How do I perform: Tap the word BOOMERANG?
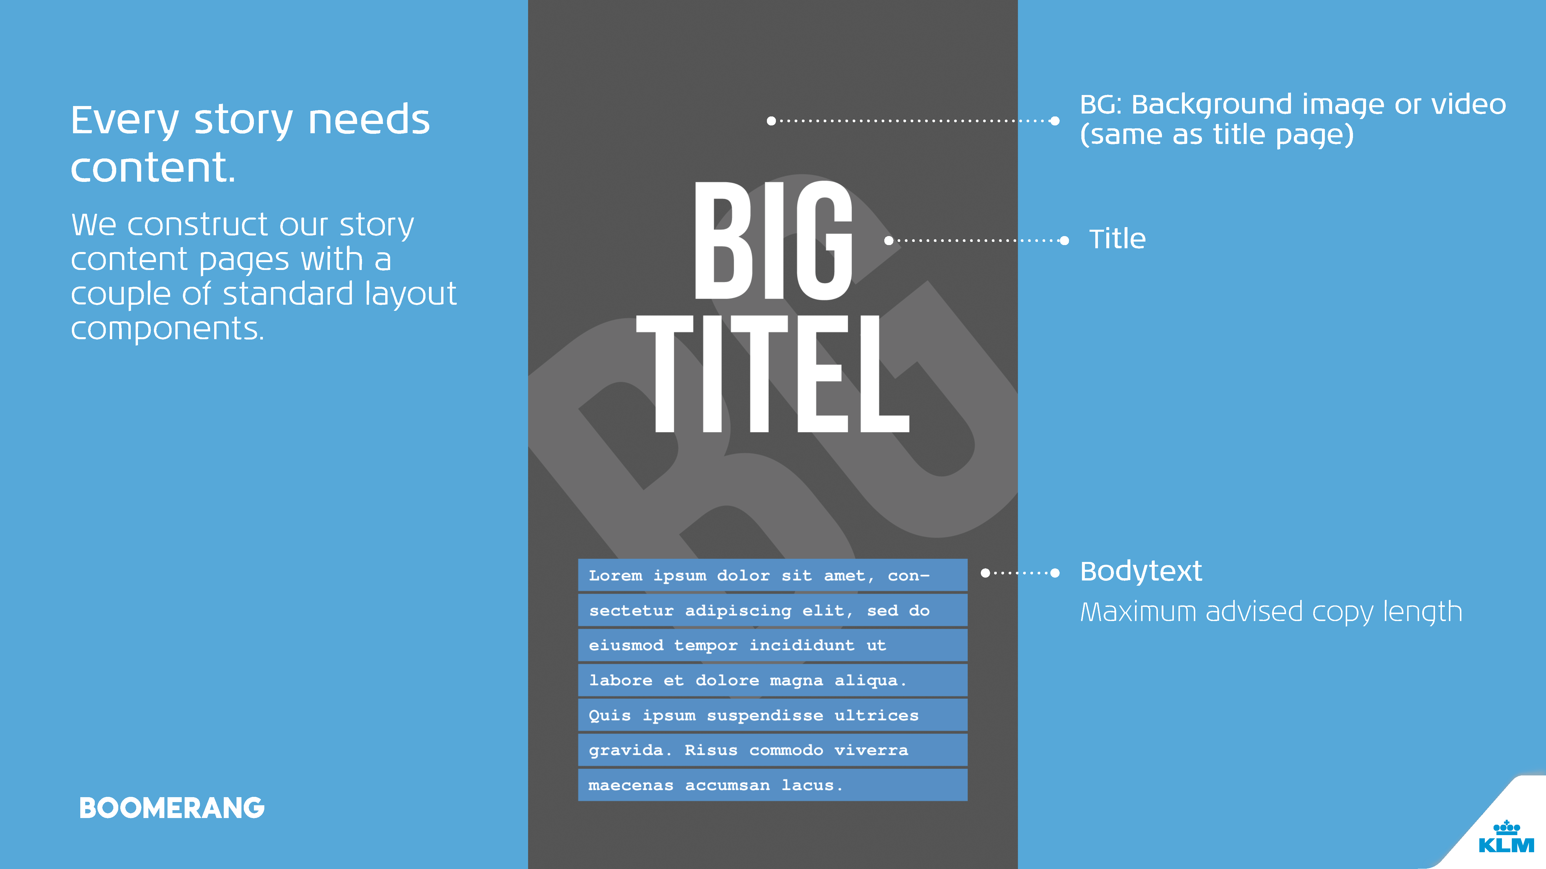click(x=172, y=808)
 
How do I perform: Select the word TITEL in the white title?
click(x=773, y=374)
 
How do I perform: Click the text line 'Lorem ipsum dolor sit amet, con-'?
click(x=759, y=576)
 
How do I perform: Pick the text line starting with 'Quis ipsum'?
click(x=754, y=715)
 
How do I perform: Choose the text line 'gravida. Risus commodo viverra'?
click(x=748, y=750)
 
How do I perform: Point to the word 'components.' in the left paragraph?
click(x=168, y=329)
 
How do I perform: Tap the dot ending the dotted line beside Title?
click(x=1065, y=240)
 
